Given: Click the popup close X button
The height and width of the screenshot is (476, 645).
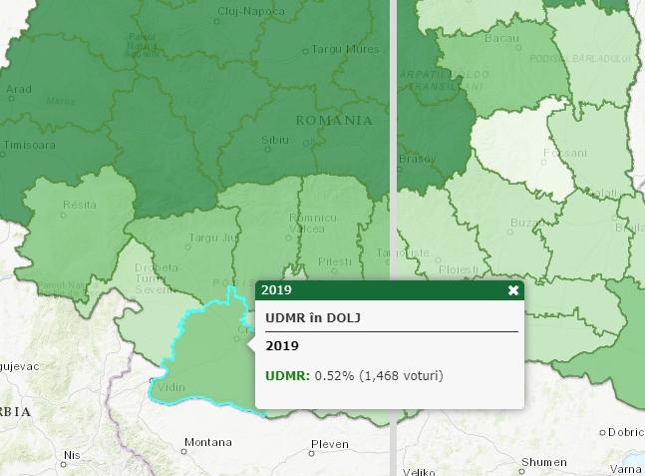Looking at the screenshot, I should pyautogui.click(x=513, y=290).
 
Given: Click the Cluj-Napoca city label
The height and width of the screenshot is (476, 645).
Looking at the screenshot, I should pyautogui.click(x=250, y=12).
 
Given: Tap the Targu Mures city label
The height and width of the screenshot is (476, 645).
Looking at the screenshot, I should pyautogui.click(x=345, y=48).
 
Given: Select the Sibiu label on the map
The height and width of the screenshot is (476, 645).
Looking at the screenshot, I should pyautogui.click(x=275, y=141).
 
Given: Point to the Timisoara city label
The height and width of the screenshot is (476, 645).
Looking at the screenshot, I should pyautogui.click(x=30, y=145).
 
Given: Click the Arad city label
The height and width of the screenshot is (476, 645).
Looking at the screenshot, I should pyautogui.click(x=19, y=89).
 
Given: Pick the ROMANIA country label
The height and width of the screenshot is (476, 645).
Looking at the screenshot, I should pyautogui.click(x=334, y=120).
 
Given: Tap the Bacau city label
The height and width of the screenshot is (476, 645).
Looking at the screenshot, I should pyautogui.click(x=501, y=38).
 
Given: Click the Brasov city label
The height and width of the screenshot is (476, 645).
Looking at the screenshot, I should pyautogui.click(x=417, y=159).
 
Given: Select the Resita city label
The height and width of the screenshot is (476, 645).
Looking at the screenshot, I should pyautogui.click(x=80, y=205).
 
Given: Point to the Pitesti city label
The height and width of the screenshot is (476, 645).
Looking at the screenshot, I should pyautogui.click(x=335, y=261).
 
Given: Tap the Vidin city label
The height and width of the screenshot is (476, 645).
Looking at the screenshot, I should pyautogui.click(x=170, y=387).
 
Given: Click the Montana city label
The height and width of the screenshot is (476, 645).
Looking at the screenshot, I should pyautogui.click(x=208, y=442).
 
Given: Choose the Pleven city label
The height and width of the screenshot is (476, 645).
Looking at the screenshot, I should pyautogui.click(x=330, y=444).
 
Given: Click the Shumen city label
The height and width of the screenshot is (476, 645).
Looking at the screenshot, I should pyautogui.click(x=544, y=462).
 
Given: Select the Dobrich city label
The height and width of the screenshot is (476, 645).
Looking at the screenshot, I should pyautogui.click(x=626, y=432).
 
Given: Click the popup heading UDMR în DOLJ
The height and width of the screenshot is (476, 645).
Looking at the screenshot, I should pyautogui.click(x=312, y=317).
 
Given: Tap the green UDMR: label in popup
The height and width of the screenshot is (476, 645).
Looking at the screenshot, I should pyautogui.click(x=287, y=375).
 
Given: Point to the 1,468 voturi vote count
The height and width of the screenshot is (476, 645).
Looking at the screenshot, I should pyautogui.click(x=400, y=375).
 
